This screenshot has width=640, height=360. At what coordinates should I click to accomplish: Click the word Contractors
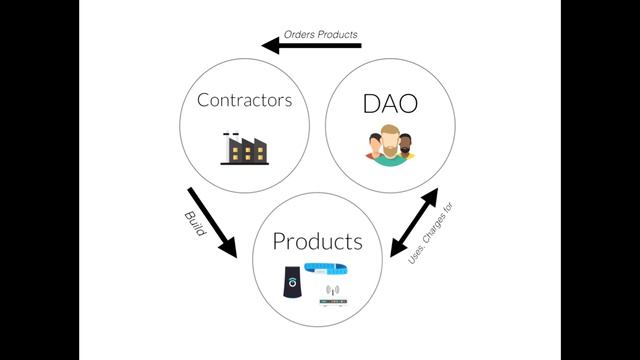(x=244, y=100)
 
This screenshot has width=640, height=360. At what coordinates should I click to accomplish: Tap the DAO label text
(x=390, y=104)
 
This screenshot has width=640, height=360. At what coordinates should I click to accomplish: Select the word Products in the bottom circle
(x=318, y=241)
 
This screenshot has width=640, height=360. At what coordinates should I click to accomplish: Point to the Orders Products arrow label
(x=321, y=35)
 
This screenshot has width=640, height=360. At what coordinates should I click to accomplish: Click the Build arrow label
(x=195, y=223)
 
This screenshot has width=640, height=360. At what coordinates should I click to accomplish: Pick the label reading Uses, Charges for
(x=431, y=233)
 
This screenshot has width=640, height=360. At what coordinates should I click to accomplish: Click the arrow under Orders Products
(x=311, y=46)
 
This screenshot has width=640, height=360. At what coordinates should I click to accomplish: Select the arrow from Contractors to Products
(x=212, y=223)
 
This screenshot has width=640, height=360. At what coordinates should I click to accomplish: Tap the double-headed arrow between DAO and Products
(x=414, y=222)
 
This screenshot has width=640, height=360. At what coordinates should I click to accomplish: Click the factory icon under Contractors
(x=244, y=149)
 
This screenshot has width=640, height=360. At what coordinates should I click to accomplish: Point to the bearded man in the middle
(x=390, y=146)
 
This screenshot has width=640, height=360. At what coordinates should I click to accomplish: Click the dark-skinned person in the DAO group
(x=405, y=146)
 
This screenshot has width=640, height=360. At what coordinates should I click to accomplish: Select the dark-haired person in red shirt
(x=374, y=147)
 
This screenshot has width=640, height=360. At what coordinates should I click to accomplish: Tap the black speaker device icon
(x=292, y=282)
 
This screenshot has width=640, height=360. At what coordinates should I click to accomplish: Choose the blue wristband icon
(x=326, y=269)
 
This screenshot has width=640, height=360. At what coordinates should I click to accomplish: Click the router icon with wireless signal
(x=333, y=296)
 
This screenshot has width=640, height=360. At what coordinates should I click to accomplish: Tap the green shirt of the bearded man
(x=390, y=160)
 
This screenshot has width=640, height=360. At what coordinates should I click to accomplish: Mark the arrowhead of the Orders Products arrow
(x=270, y=46)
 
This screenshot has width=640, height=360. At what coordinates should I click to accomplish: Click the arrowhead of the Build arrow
(x=229, y=249)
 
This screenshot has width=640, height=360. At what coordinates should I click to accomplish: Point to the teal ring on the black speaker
(x=292, y=282)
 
